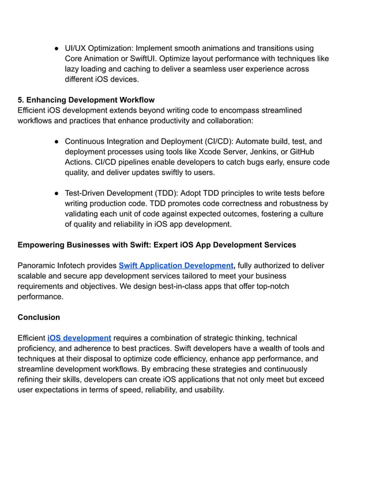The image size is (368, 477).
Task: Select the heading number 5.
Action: (21, 100)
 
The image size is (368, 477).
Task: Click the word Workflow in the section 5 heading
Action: (136, 100)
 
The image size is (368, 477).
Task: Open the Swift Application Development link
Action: (176, 266)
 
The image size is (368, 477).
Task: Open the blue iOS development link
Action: (79, 338)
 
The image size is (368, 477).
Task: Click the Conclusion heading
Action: (39, 317)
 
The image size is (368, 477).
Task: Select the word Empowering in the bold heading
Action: (44, 245)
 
